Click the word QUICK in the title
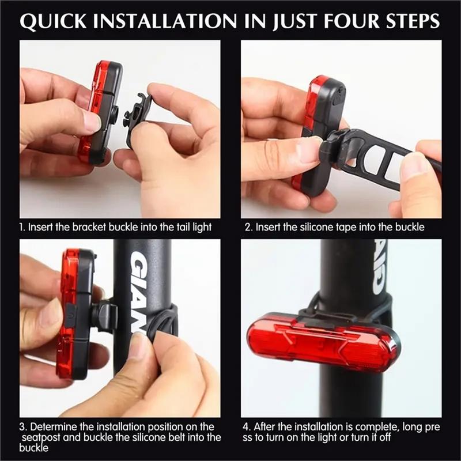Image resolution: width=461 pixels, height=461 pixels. coord(53,21)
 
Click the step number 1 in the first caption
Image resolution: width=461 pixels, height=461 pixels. coord(22,227)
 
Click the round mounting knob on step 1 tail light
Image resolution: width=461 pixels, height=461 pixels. coord(115,114)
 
